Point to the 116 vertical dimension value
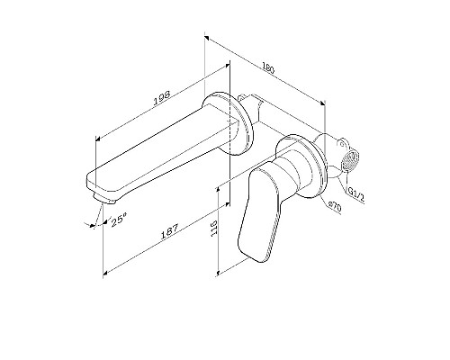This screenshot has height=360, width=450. point(212,229)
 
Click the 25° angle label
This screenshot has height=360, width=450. point(116,219)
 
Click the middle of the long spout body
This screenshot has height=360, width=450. point(162,149)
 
